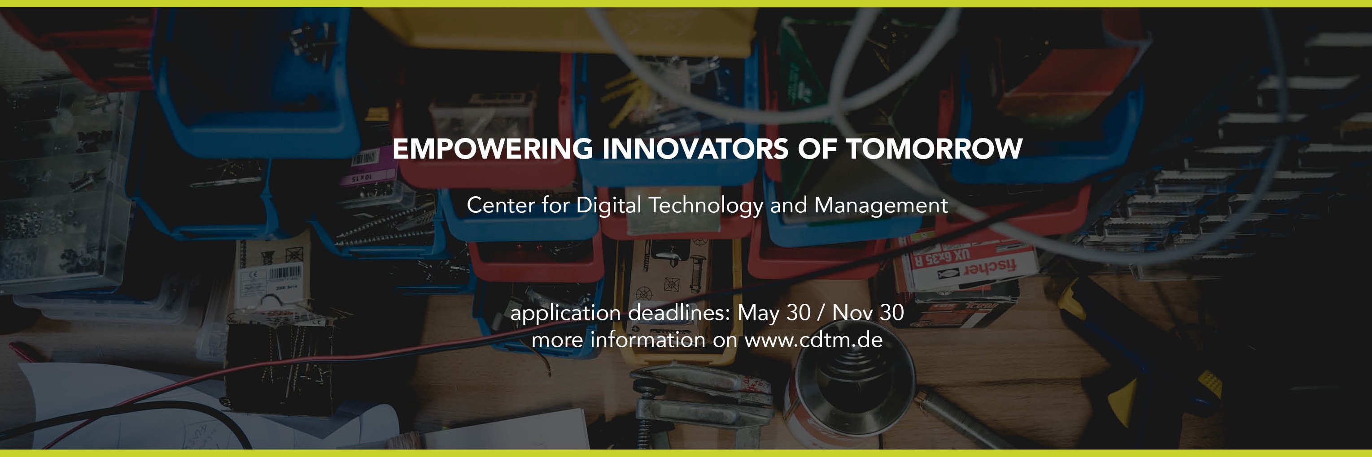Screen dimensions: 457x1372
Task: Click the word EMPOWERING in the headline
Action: coord(492,149)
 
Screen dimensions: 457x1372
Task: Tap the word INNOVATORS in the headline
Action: coord(695,149)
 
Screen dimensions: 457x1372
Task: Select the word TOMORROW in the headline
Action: coord(934,149)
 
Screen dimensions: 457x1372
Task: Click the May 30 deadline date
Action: coord(773,313)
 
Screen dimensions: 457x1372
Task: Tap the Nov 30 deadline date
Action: coord(868,313)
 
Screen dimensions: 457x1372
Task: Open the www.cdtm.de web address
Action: coord(813,340)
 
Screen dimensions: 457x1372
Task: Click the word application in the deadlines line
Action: coord(565,313)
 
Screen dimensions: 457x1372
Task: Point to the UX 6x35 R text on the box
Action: coord(942,258)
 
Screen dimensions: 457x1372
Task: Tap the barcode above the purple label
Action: coord(365,158)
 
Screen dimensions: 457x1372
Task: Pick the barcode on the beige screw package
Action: coord(286,274)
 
